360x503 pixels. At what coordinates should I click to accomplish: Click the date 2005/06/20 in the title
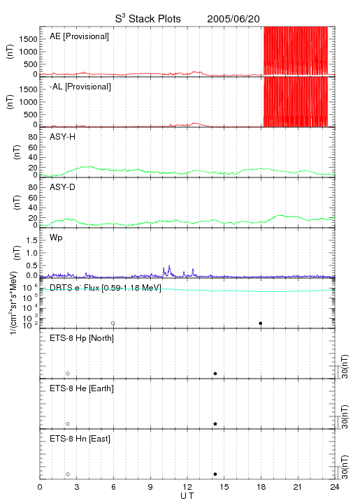(233, 19)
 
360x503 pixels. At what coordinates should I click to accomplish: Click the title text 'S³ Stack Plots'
(148, 19)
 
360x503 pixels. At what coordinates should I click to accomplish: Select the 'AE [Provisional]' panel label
(79, 36)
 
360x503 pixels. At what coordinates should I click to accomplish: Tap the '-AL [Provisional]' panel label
(80, 87)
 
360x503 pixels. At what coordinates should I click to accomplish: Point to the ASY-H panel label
(63, 137)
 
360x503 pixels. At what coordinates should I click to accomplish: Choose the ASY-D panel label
(63, 187)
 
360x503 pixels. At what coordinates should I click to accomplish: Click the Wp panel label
(56, 238)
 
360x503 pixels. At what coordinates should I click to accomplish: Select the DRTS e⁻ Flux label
(106, 288)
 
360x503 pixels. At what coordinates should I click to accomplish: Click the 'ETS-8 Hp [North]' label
(82, 338)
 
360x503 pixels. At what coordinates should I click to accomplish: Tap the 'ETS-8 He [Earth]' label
(82, 388)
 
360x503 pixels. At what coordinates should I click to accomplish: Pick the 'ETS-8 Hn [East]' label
(80, 439)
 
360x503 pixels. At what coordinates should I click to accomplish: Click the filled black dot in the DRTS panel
(261, 323)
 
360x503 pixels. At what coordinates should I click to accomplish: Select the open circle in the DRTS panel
(113, 323)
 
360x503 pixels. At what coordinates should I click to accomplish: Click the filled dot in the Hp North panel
(215, 373)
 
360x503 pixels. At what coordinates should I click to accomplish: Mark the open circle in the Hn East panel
(68, 474)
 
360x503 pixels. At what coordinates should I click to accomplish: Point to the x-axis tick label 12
(187, 487)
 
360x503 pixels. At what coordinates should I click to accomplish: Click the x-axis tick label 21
(298, 487)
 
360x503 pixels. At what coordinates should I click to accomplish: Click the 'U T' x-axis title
(187, 496)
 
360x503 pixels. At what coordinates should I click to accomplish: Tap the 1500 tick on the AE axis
(28, 39)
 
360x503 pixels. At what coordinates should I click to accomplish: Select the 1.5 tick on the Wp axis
(31, 240)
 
